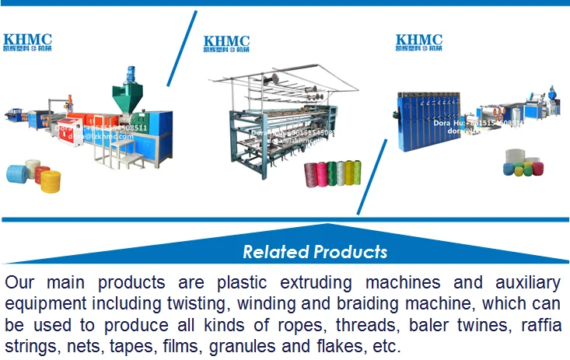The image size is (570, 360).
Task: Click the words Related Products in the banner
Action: [x=314, y=252]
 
